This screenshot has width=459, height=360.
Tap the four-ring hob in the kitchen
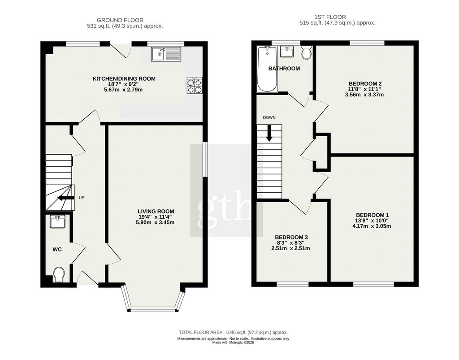[195, 86]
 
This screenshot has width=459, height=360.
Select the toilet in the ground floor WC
[59, 274]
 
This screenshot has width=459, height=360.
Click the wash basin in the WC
[57, 221]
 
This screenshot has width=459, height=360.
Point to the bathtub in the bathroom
[267, 69]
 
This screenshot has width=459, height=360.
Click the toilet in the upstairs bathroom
[307, 52]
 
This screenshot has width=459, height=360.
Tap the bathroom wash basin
[287, 51]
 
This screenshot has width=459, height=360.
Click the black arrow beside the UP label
[65, 198]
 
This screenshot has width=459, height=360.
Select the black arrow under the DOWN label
[269, 133]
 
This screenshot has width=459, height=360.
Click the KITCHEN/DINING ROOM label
[124, 79]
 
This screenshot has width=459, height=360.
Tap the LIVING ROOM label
[156, 211]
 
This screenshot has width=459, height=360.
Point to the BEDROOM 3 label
[291, 237]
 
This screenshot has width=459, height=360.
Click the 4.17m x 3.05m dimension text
[372, 226]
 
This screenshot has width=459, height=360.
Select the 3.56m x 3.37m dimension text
[364, 95]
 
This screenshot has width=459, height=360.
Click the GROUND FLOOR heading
[120, 20]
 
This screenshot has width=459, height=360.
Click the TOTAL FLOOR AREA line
[233, 333]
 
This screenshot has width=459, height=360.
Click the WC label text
[57, 249]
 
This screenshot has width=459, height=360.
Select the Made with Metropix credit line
[233, 343]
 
